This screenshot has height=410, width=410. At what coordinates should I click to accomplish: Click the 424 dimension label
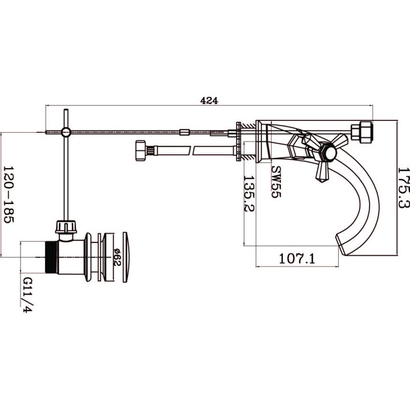(209, 100)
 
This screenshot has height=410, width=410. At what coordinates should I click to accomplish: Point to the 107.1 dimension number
(297, 259)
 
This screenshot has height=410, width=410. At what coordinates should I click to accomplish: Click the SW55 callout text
(276, 182)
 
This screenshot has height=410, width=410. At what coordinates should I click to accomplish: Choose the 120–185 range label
(8, 194)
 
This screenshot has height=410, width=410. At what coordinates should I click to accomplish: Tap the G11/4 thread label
(28, 295)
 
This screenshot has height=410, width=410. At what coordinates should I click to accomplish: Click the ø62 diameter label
(117, 257)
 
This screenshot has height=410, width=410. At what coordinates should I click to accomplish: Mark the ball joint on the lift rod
(66, 132)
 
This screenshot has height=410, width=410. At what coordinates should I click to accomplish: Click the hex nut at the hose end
(140, 151)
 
